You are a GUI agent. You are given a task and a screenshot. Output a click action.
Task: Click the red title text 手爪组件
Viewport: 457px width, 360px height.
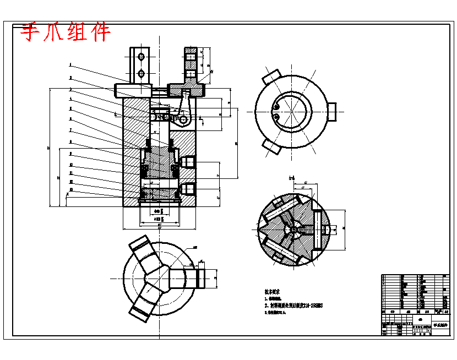tap(66, 33)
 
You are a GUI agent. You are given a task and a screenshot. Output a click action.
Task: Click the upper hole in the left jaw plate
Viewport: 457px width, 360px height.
tap(142, 57)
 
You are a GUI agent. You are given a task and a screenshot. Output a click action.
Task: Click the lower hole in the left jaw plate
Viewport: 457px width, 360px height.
tap(142, 73)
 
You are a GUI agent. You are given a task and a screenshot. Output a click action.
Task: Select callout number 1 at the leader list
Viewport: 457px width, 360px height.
tap(70, 64)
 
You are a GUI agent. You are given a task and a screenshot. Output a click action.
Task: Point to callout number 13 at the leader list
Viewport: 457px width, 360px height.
tap(70, 189)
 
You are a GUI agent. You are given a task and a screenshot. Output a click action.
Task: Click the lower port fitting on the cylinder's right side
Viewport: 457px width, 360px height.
tap(188, 189)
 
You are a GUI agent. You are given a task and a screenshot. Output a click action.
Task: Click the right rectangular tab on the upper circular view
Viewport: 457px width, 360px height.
tap(331, 111)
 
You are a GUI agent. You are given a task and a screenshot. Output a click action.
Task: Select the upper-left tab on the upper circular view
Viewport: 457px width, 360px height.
tap(271, 77)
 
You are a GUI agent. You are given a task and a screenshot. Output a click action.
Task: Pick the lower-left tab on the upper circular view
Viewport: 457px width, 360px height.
tap(271, 146)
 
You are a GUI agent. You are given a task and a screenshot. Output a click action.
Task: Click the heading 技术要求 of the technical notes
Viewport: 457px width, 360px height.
tap(272, 292)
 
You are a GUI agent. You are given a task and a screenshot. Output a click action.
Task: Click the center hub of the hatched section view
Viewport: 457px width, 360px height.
tap(292, 229)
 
